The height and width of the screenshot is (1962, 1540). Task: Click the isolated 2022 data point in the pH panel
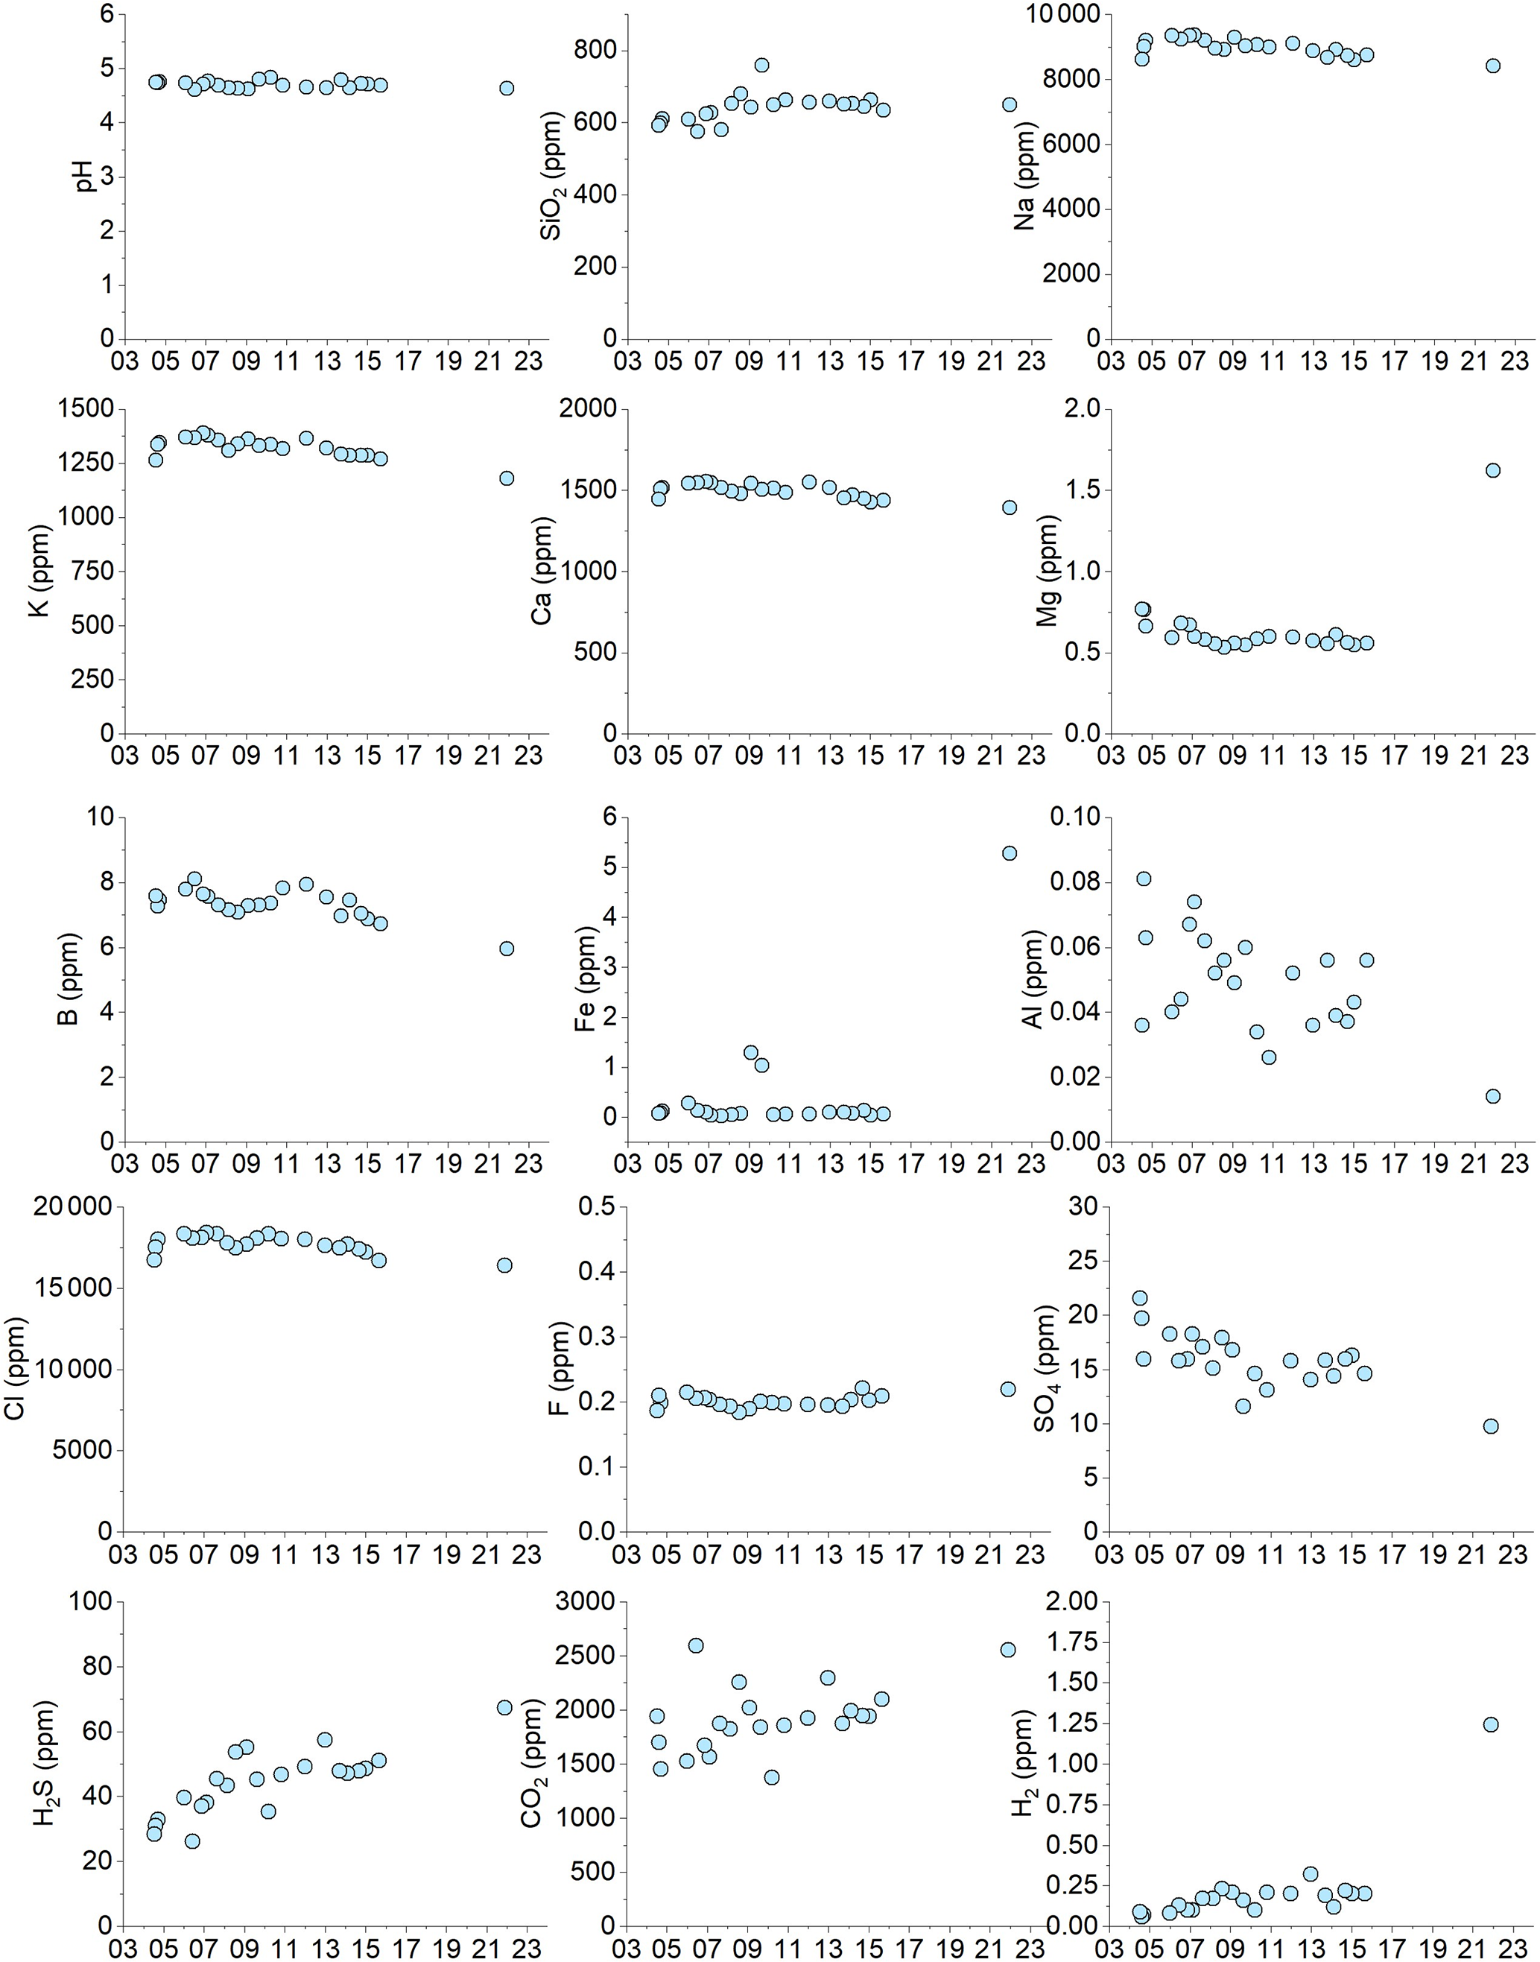[507, 89]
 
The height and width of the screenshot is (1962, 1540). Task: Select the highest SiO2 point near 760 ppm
[762, 65]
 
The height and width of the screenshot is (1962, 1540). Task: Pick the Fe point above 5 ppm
[1010, 853]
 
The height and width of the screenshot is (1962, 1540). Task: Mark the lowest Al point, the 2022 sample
[1493, 1096]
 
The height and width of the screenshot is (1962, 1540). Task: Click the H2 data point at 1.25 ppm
[1492, 1725]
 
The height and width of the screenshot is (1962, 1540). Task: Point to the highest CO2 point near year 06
[696, 1645]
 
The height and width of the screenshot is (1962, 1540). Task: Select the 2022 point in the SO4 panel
[1492, 1426]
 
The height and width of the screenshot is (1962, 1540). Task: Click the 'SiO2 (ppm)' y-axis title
[552, 177]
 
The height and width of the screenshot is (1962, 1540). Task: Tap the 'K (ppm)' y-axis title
[39, 572]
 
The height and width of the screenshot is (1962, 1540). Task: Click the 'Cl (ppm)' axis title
[16, 1369]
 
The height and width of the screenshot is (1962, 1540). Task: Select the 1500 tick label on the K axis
[86, 409]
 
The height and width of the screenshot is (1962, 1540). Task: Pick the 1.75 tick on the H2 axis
[1073, 1644]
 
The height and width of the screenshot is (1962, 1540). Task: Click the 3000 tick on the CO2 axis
[583, 1602]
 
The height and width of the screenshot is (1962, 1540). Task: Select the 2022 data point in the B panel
[507, 949]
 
